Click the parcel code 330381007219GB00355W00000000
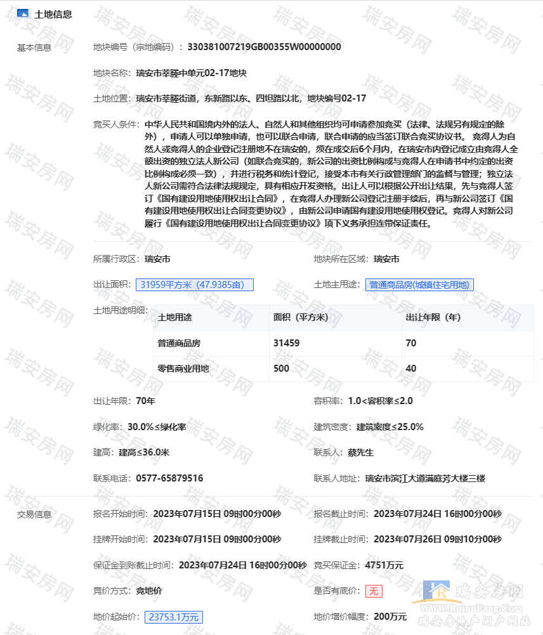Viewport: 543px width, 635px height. pos(265,47)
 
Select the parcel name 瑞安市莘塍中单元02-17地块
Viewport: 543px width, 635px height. pos(191,73)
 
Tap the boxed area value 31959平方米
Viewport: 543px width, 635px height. pos(195,285)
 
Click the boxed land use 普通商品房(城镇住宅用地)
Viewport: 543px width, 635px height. pos(420,285)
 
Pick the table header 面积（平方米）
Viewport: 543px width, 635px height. pos(300,317)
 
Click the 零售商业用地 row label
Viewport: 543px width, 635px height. pos(183,369)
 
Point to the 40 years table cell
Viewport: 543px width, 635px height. pos(411,369)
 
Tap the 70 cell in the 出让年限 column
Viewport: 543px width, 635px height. pos(411,343)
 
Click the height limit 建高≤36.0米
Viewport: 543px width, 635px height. pos(144,452)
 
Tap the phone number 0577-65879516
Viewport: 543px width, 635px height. pos(169,478)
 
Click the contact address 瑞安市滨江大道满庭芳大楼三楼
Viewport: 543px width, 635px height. pos(425,478)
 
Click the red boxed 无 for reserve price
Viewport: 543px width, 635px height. pos(374,591)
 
